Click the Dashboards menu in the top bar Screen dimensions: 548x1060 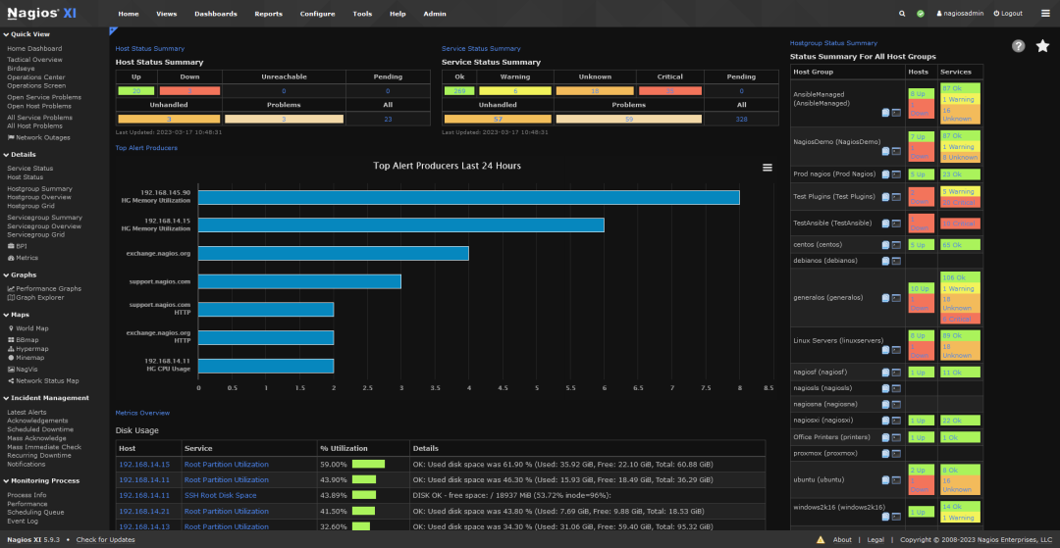215,14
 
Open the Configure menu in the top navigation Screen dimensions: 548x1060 317,14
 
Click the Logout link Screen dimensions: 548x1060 1008,14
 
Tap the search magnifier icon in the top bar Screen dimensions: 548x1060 902,14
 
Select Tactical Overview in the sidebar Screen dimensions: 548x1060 34,60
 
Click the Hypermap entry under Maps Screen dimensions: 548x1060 31,348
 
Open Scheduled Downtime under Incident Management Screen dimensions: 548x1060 40,429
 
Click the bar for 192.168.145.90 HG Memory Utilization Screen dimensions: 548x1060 468,197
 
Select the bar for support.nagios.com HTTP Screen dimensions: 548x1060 266,309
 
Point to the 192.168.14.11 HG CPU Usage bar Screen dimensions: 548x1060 266,366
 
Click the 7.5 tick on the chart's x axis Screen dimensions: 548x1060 705,387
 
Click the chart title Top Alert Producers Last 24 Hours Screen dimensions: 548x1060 448,166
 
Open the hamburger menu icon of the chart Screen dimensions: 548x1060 768,168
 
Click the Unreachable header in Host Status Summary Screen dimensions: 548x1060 284,76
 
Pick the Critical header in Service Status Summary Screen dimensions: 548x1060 670,76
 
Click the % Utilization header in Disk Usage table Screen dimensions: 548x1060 344,448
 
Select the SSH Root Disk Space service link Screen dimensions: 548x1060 220,495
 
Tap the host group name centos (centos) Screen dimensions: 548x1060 818,244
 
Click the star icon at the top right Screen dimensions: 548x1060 1042,46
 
